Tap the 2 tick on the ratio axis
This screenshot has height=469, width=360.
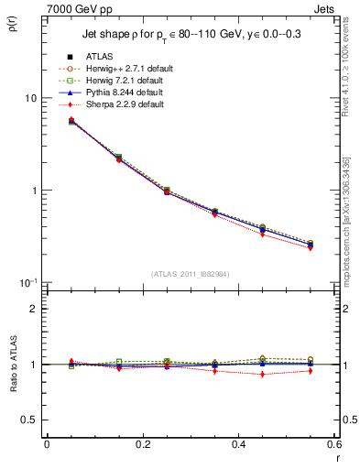[35, 309]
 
